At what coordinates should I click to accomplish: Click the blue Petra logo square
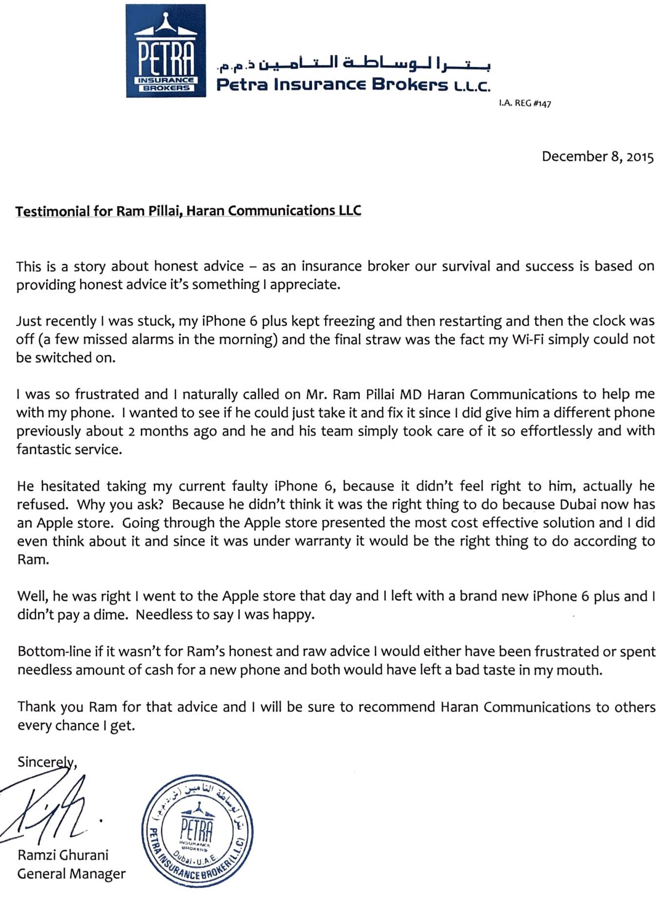[166, 51]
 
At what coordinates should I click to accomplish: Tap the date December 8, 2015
[597, 156]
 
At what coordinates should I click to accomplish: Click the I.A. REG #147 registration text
[525, 104]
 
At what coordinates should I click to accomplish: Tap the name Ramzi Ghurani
[63, 855]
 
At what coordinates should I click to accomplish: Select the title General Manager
[71, 873]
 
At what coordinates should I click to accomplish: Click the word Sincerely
[46, 762]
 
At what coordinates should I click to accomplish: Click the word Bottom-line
[54, 651]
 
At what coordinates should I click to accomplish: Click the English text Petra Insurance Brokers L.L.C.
[353, 85]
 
